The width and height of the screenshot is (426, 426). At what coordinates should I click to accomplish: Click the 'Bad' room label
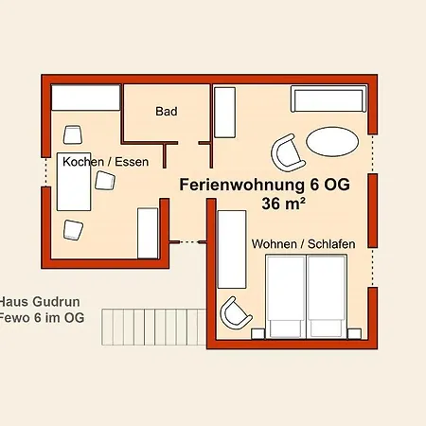(x=167, y=112)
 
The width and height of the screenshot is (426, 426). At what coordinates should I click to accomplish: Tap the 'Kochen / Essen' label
(x=106, y=162)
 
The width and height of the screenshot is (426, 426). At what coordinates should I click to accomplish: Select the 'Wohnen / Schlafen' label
(x=303, y=244)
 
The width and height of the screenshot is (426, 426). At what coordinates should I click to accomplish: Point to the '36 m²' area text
(x=271, y=204)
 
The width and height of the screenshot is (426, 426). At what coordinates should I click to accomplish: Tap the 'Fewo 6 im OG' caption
(x=42, y=318)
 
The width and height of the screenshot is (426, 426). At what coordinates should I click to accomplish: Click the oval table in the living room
(x=332, y=143)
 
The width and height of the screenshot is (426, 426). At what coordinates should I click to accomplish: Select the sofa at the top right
(x=328, y=100)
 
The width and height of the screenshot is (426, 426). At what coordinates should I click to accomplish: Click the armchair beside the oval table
(x=287, y=151)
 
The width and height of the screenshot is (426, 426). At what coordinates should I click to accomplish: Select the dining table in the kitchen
(x=75, y=181)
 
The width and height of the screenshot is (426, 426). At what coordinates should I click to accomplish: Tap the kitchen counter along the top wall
(x=86, y=98)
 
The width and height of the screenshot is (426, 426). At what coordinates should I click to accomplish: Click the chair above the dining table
(x=72, y=134)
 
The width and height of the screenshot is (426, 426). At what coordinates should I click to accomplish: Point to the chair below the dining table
(x=74, y=229)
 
